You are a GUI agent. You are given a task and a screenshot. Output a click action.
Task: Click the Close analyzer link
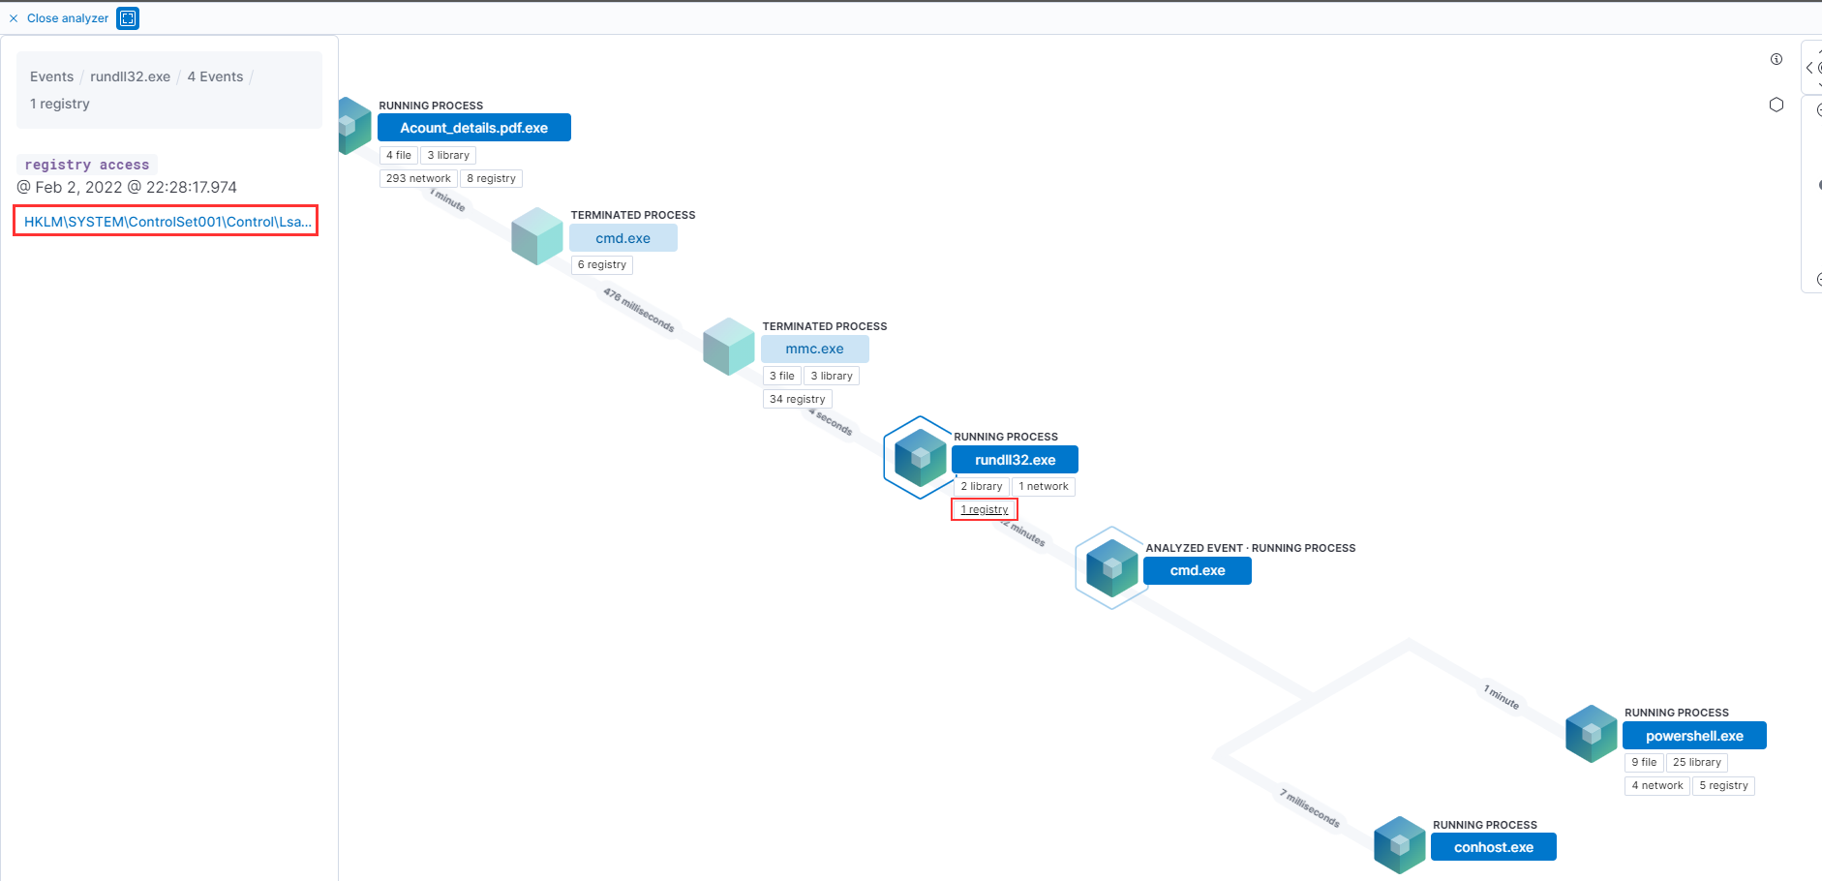(x=67, y=18)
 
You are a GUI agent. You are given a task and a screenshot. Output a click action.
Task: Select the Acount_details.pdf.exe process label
(x=473, y=128)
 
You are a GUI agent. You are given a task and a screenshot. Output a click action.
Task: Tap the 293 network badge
(x=418, y=178)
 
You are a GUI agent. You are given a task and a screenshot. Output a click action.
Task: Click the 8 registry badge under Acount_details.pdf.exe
(x=491, y=178)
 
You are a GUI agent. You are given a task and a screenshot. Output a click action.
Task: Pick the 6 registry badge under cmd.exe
(x=601, y=264)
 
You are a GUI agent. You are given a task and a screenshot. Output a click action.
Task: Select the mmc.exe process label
(x=814, y=349)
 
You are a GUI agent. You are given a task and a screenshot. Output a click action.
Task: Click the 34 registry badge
(x=797, y=399)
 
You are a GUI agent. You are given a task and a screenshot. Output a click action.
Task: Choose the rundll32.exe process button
(x=1015, y=460)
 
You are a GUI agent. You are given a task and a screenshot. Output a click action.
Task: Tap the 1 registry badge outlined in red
(x=984, y=509)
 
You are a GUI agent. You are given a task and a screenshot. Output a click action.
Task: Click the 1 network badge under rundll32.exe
(x=1043, y=486)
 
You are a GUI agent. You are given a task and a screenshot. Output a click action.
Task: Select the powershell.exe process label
(x=1694, y=736)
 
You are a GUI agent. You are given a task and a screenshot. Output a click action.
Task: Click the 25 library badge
(x=1696, y=762)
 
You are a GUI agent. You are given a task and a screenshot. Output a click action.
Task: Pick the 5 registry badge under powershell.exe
(x=1723, y=785)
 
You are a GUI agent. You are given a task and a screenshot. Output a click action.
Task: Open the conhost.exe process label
(x=1493, y=847)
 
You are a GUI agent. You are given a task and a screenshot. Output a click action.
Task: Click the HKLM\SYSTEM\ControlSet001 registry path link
(x=167, y=222)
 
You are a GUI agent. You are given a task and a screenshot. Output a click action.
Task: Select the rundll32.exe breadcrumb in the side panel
(x=130, y=76)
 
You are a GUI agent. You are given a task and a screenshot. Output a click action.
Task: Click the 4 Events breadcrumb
(x=215, y=76)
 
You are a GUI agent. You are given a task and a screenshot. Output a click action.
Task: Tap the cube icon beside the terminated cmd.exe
(x=537, y=236)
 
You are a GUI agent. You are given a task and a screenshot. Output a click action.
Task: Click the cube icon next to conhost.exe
(x=1399, y=844)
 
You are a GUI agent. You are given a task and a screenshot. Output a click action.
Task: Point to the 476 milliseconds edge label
(x=639, y=309)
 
